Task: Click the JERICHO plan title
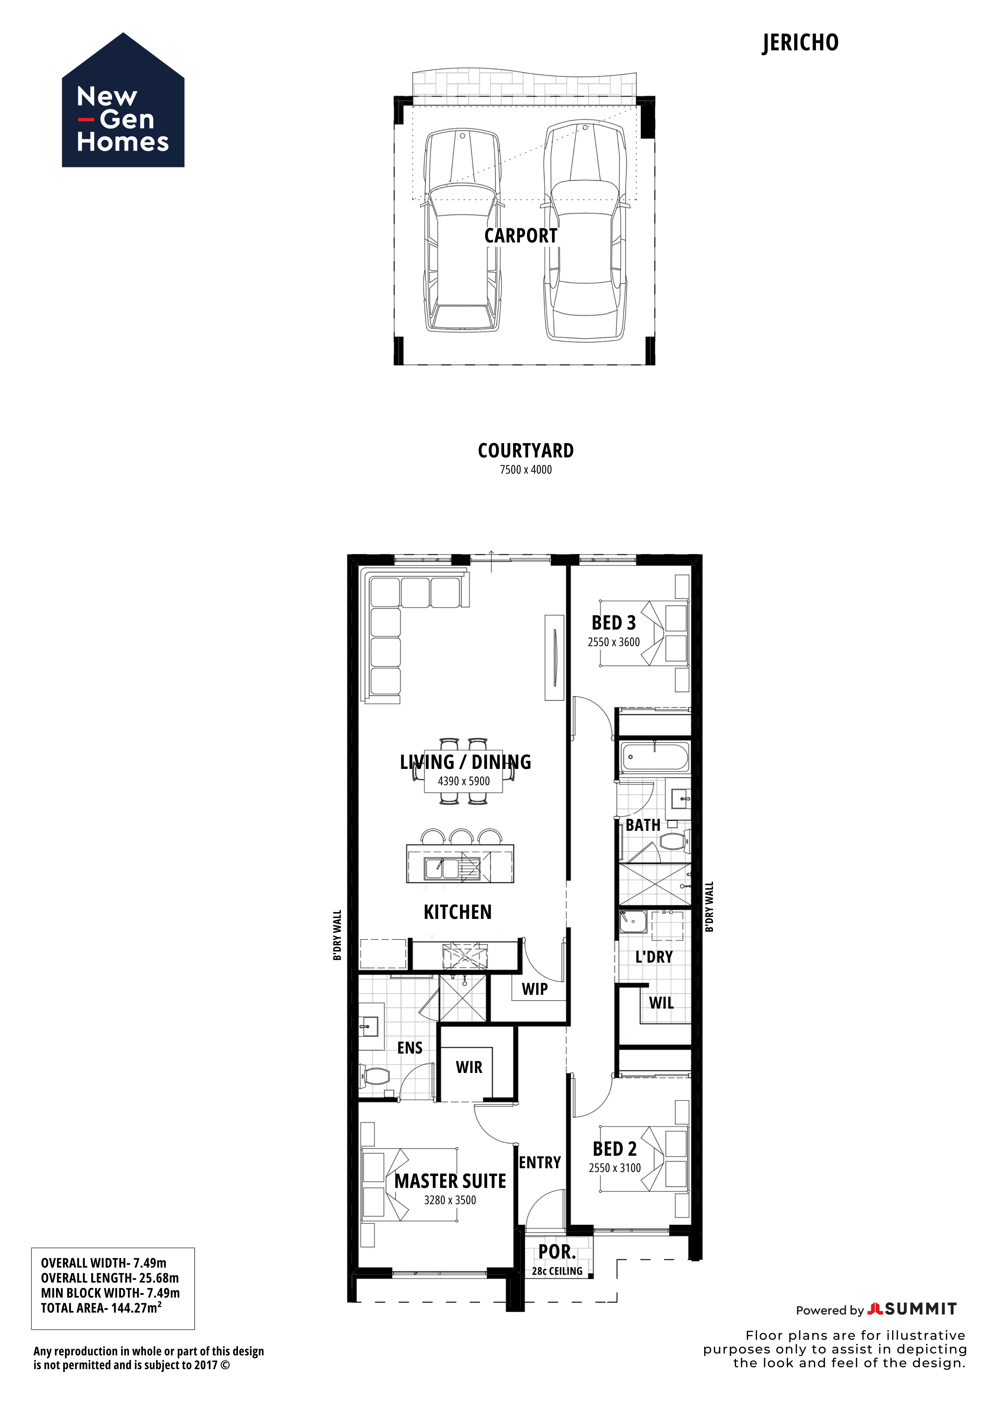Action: pos(800,43)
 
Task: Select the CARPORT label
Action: pos(521,236)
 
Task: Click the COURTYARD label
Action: pos(526,451)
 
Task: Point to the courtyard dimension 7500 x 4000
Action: pos(526,470)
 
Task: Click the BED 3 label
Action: pos(613,623)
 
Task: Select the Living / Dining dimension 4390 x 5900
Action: pos(464,781)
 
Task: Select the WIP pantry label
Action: pos(535,989)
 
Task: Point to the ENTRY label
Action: pos(540,1162)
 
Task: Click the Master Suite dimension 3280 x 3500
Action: pos(450,1200)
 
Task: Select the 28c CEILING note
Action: pos(557,1271)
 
